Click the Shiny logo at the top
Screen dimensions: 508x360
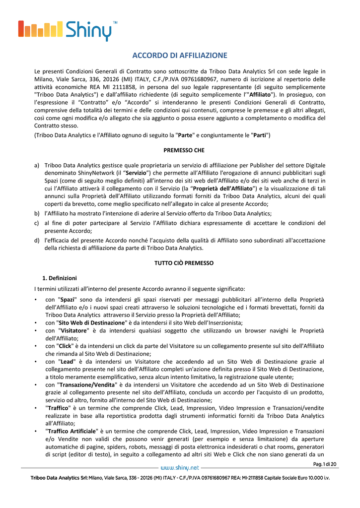[x=67, y=31]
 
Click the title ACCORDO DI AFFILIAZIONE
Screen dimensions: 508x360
[x=180, y=56]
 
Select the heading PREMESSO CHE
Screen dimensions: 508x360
[x=180, y=150]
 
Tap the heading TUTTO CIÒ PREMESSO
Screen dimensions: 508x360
[x=180, y=263]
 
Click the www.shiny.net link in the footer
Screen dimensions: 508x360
[x=180, y=467]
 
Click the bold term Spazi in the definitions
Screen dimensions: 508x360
[x=67, y=300]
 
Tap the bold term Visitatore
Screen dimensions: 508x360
[x=74, y=330]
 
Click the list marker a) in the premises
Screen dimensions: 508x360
[x=37, y=165]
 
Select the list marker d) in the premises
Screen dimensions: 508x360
[x=37, y=241]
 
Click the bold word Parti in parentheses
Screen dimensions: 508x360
[x=259, y=135]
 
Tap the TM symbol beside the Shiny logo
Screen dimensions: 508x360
[x=116, y=23]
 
